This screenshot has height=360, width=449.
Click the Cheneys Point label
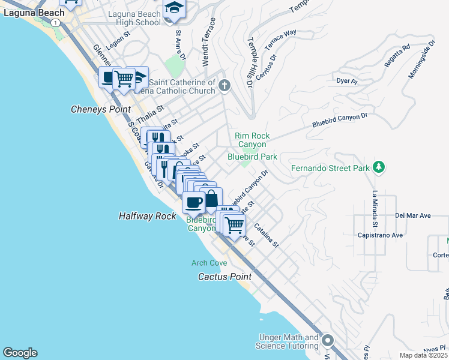pyautogui.click(x=100, y=109)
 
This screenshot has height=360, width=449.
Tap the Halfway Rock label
pyautogui.click(x=147, y=216)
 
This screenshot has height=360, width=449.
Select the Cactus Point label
pyautogui.click(x=225, y=277)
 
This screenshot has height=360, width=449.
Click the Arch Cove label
pyautogui.click(x=209, y=263)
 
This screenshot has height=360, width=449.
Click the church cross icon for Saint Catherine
pyautogui.click(x=224, y=86)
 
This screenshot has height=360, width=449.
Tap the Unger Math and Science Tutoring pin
pyautogui.click(x=328, y=341)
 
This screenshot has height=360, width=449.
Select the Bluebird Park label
pyautogui.click(x=252, y=157)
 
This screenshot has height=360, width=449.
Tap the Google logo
pyautogui.click(x=20, y=353)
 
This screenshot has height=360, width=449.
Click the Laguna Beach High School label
pyautogui.click(x=134, y=17)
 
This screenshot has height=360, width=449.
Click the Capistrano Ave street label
pyautogui.click(x=381, y=235)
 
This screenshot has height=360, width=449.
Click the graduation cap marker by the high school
pyautogui.click(x=174, y=8)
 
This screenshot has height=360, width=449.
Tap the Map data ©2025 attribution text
pyautogui.click(x=423, y=355)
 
